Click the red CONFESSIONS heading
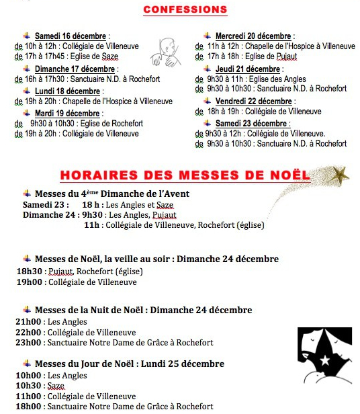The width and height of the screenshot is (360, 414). click(185, 10)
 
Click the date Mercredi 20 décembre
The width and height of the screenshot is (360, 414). click(253, 36)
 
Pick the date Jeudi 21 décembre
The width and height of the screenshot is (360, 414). click(248, 69)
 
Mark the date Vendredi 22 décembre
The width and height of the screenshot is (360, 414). click(253, 101)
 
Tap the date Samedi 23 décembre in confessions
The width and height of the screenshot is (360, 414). click(253, 124)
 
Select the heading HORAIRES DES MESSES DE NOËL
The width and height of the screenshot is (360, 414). click(185, 175)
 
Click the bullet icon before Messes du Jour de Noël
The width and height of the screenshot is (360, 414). click(27, 364)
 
